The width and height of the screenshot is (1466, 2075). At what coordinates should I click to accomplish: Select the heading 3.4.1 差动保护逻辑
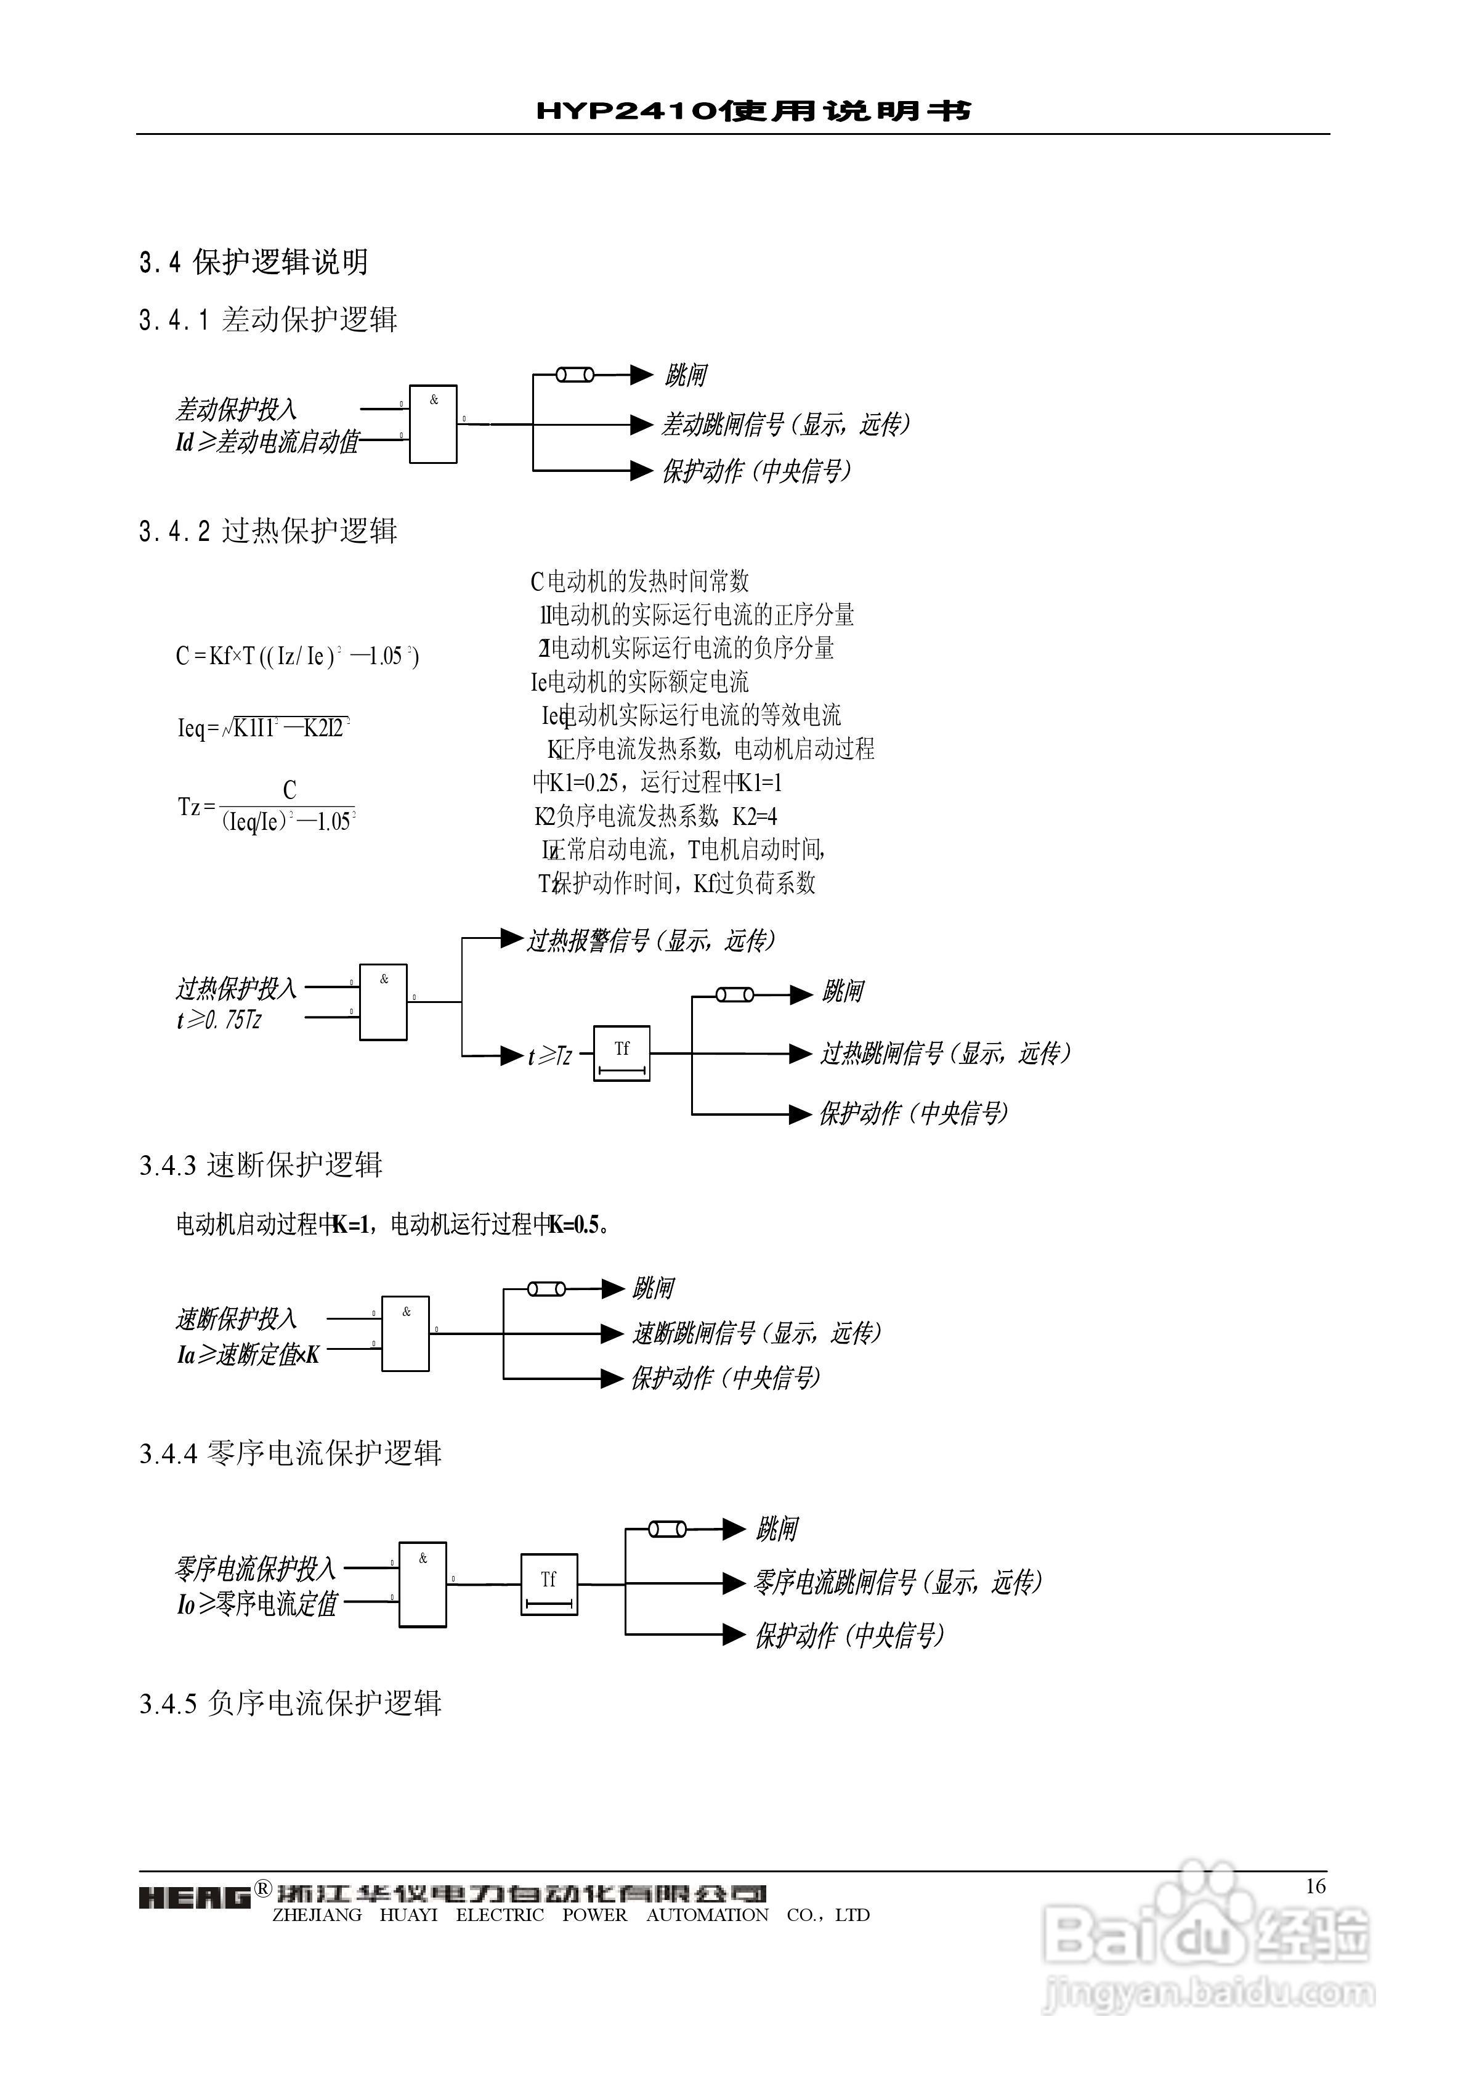click(269, 319)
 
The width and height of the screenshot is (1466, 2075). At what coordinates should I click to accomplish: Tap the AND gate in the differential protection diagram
click(433, 424)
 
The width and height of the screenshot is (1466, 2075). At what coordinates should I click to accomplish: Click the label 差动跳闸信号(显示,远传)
click(785, 424)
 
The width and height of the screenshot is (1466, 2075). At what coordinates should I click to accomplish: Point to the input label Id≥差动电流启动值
click(267, 442)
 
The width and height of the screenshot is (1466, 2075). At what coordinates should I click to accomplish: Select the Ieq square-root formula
click(263, 728)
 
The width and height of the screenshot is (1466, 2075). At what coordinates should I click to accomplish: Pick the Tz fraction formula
click(267, 806)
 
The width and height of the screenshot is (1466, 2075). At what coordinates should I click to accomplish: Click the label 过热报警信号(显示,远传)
click(650, 941)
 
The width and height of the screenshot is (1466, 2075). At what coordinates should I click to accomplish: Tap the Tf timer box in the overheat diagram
click(622, 1053)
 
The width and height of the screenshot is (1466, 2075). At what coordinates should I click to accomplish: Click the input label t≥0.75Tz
click(220, 1020)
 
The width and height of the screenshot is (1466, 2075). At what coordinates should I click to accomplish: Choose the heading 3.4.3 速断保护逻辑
click(261, 1165)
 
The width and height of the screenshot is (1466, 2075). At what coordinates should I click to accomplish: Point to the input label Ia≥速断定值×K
click(248, 1355)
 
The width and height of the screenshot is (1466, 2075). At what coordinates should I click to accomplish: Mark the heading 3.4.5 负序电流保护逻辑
click(290, 1703)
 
